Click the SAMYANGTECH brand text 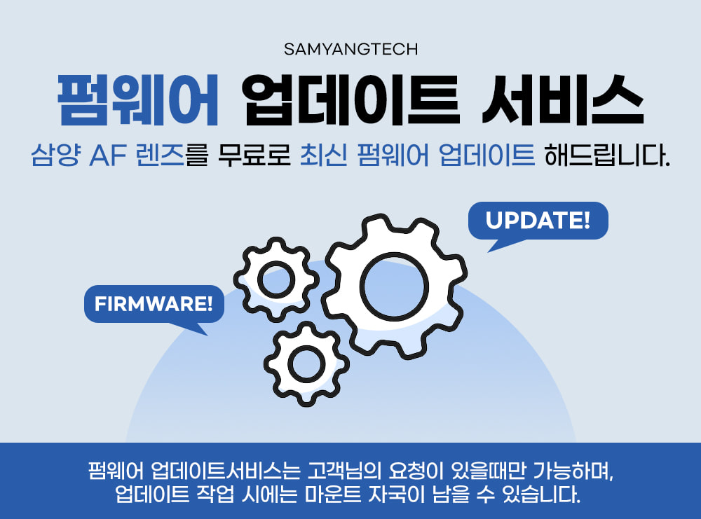350,49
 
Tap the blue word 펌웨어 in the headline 138,100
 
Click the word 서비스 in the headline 563,100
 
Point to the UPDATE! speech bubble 538,221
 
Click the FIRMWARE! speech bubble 154,304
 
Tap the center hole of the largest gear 394,286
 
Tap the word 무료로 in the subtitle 254,155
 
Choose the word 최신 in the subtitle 323,155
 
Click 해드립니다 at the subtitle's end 607,155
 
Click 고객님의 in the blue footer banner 344,470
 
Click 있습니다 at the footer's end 541,494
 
